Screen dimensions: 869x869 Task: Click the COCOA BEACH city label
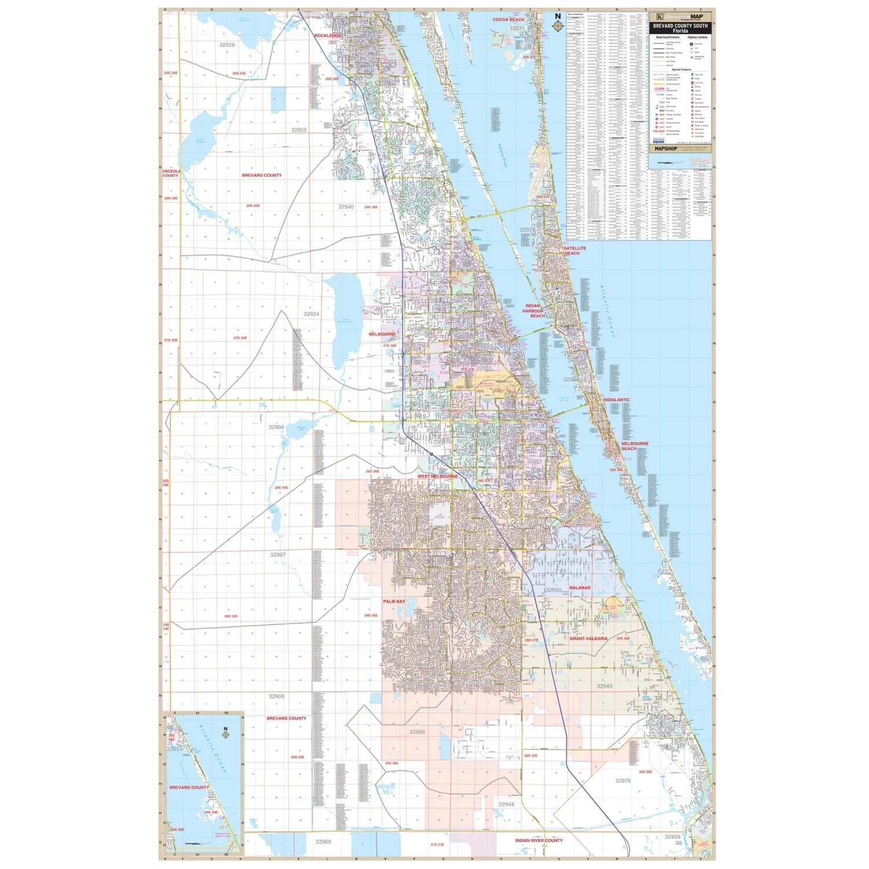tap(508, 20)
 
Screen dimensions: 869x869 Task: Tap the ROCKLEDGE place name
tap(328, 36)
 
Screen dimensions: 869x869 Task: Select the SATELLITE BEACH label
tap(575, 251)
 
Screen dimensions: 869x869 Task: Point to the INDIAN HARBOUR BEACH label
tap(534, 311)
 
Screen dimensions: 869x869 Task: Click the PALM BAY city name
tap(394, 601)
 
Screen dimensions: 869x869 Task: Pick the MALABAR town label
tap(579, 588)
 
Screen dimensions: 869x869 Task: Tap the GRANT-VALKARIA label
tap(589, 638)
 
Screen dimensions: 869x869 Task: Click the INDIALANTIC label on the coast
tap(616, 400)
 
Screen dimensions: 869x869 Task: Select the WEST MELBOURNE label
tap(437, 476)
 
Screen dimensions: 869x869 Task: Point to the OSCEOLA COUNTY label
tap(171, 173)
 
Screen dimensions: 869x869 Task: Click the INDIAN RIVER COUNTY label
tap(539, 840)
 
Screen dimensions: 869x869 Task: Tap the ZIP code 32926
tap(227, 45)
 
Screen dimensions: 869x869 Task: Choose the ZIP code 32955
tap(299, 130)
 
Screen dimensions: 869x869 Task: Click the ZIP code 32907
tap(278, 554)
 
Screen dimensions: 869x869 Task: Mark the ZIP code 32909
tap(417, 732)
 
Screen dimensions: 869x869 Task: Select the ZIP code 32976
tap(623, 780)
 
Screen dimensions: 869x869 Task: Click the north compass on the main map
tap(558, 24)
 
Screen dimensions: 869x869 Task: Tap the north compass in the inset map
tap(225, 733)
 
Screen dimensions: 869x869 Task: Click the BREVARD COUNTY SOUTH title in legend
tap(680, 28)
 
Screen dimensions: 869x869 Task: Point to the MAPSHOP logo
tap(665, 149)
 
